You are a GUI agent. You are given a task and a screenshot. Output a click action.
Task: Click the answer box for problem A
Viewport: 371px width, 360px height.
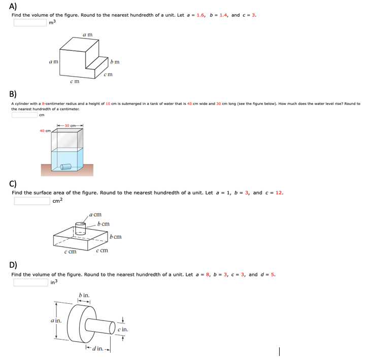tap(29, 22)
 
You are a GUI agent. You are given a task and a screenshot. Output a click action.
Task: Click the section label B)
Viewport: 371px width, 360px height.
tap(13, 93)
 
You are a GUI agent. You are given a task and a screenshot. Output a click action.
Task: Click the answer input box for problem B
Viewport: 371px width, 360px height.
tap(24, 115)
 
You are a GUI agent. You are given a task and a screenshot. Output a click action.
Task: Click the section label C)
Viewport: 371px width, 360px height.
tap(14, 183)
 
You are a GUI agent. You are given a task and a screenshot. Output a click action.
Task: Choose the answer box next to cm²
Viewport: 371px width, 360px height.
tap(32, 201)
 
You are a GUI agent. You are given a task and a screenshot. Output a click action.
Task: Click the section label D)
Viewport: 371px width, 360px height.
tap(14, 264)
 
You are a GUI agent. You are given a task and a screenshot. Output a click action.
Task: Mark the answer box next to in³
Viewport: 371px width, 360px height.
tap(30, 282)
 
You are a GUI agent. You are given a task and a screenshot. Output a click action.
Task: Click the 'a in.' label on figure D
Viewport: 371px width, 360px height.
tap(56, 320)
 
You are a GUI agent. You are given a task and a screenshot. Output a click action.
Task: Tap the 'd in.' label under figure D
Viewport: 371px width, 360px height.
tap(98, 348)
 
